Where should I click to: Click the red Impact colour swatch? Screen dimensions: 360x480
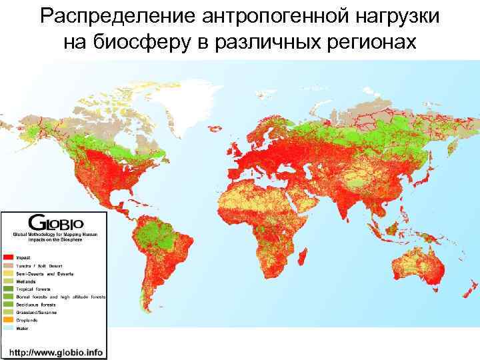(9, 257)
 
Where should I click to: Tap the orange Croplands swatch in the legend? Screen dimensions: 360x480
(9, 319)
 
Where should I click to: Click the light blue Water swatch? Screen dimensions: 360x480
(9, 327)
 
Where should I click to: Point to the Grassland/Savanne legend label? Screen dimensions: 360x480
(40, 311)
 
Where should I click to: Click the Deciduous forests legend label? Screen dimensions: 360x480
(39, 304)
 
